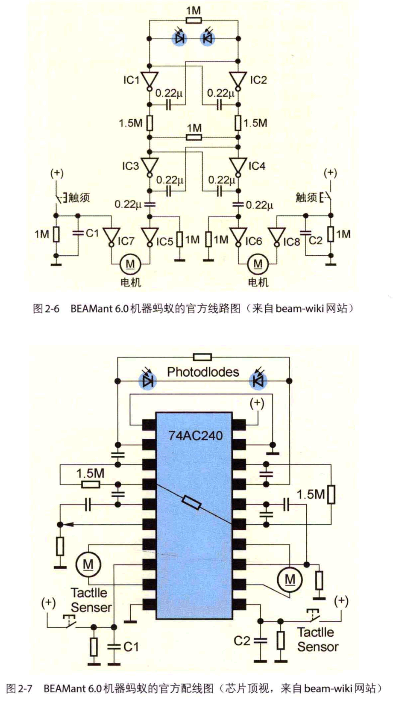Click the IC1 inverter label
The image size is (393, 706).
pyautogui.click(x=132, y=80)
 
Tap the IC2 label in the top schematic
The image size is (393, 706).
pyautogui.click(x=258, y=80)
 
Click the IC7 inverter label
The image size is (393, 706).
pyautogui.click(x=126, y=241)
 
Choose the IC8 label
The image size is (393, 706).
pyautogui.click(x=292, y=242)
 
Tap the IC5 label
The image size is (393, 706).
pyautogui.click(x=164, y=242)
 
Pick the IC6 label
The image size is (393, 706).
pyautogui.click(x=253, y=242)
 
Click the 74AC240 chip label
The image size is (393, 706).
pyautogui.click(x=195, y=435)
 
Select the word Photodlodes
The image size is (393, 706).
pyautogui.click(x=203, y=372)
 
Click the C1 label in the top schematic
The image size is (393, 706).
pyautogui.click(x=92, y=233)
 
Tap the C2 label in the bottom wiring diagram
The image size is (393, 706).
pyautogui.click(x=242, y=641)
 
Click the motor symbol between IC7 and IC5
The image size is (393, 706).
pyautogui.click(x=130, y=265)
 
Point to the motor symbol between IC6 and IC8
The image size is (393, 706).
pyautogui.click(x=258, y=265)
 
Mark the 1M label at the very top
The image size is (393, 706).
pyautogui.click(x=194, y=10)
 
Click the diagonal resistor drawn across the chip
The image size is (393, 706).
pyautogui.click(x=191, y=503)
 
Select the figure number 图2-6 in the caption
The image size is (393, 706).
pyautogui.click(x=46, y=308)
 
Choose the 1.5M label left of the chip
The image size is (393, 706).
pyautogui.click(x=90, y=473)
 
